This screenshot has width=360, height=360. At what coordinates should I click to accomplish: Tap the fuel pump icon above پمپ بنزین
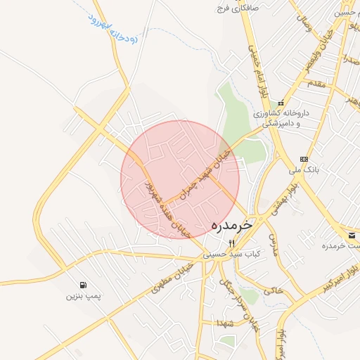coord(84,285)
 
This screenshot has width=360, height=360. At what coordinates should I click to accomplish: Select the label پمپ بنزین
coord(84,296)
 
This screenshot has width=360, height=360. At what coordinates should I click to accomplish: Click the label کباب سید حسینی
coord(232,253)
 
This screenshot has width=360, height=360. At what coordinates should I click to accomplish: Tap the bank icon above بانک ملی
coord(304,159)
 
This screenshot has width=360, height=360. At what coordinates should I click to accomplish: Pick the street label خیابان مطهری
coord(169,279)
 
